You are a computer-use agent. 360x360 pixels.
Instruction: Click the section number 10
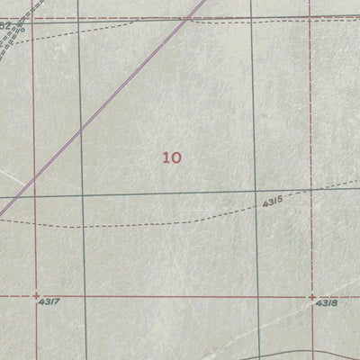172,157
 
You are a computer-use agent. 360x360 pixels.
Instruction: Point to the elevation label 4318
326,304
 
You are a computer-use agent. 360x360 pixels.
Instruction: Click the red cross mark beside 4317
35,295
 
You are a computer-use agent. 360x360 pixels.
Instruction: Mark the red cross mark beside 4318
312,295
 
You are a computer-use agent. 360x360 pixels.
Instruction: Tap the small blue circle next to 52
22,28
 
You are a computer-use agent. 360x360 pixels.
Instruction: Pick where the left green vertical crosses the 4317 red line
81,295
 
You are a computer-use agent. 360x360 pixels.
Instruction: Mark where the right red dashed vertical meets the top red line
310,16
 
